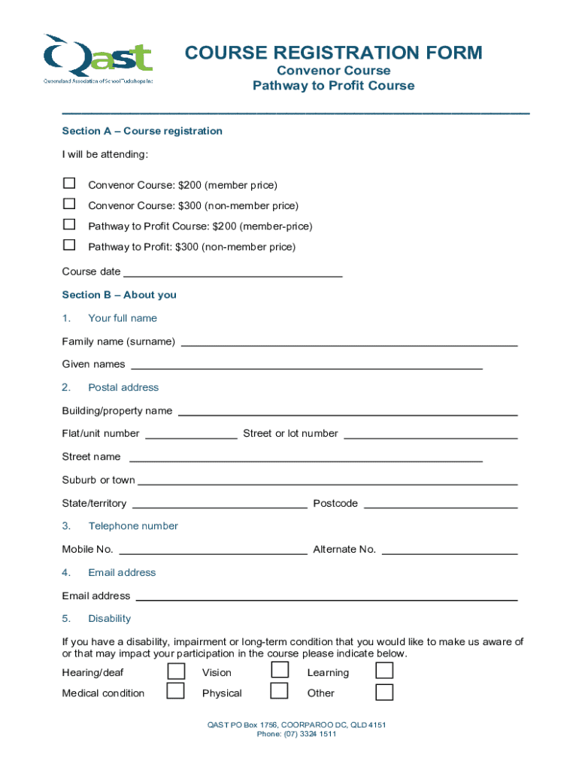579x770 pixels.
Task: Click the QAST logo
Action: click(98, 59)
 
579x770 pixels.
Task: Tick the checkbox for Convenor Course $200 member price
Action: click(69, 183)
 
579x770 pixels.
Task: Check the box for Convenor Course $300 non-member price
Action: click(69, 203)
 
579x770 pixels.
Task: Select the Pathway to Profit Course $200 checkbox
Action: click(69, 224)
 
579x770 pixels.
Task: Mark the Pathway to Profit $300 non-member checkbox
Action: click(69, 244)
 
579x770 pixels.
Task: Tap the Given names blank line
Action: click(307, 366)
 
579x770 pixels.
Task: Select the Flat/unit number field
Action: click(191, 435)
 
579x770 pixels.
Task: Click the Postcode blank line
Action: click(441, 505)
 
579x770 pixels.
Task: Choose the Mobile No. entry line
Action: click(213, 551)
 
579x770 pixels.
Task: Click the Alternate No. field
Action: click(450, 551)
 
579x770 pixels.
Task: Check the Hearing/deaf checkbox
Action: click(175, 671)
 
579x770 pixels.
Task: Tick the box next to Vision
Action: click(279, 671)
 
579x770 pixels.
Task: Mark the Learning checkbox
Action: click(383, 671)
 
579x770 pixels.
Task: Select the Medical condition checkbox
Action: click(175, 691)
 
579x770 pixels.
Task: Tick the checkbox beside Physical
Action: click(279, 691)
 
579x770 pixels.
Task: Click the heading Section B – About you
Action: click(119, 295)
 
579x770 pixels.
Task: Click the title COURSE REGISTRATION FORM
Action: click(333, 53)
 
